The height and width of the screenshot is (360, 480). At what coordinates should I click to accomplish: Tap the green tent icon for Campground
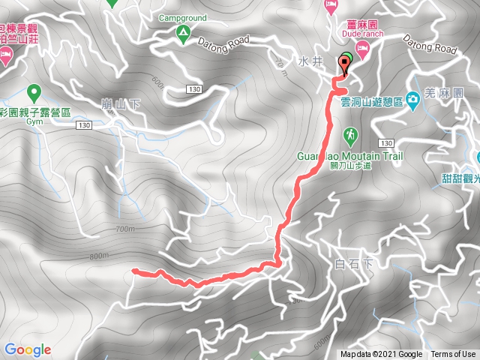[x=182, y=32]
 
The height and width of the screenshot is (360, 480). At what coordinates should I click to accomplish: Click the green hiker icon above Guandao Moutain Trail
[x=350, y=135]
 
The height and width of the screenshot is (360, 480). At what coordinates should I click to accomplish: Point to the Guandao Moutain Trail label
[x=349, y=157]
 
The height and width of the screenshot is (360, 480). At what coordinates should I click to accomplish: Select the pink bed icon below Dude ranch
[x=362, y=48]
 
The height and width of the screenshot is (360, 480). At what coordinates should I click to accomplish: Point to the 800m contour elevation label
[x=99, y=256]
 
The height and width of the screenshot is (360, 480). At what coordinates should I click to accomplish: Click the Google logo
[x=27, y=349]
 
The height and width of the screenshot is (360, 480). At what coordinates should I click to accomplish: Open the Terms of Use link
[x=452, y=355]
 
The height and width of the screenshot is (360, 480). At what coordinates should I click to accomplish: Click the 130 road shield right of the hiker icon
[x=386, y=142]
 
